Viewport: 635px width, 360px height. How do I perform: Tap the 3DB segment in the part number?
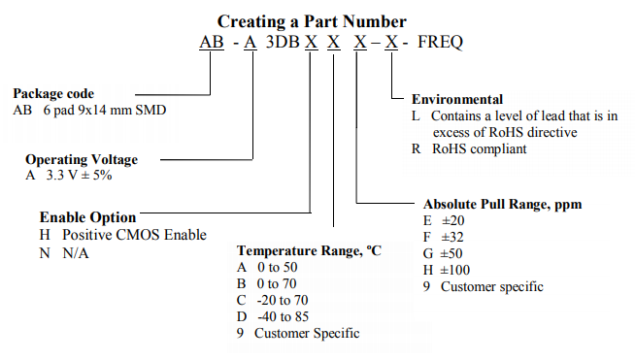tap(282, 43)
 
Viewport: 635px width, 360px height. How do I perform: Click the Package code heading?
tap(53, 94)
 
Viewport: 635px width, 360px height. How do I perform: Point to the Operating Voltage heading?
tap(82, 159)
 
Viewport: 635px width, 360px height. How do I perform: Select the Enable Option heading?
tap(87, 217)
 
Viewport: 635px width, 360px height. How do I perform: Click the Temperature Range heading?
tap(310, 249)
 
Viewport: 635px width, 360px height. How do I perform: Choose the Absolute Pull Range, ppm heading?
tap(503, 205)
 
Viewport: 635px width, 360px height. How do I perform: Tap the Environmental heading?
tap(457, 99)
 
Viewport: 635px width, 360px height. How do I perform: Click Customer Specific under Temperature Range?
tap(307, 333)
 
